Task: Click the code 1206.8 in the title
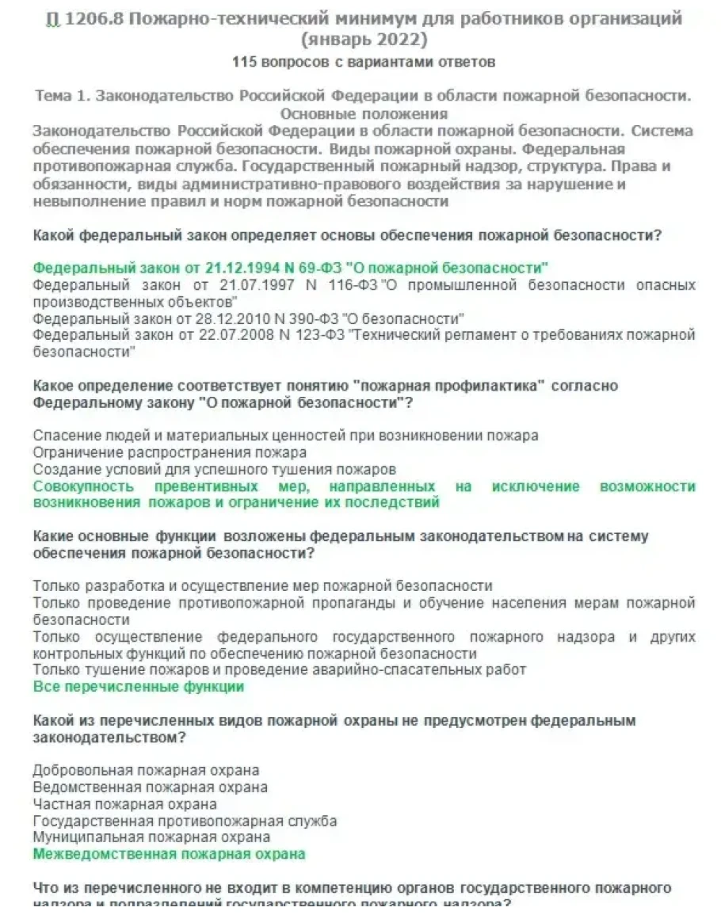[91, 18]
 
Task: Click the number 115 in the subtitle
[245, 62]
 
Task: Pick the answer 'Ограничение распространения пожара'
[170, 452]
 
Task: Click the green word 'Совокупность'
[83, 486]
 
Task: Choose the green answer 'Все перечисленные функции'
[139, 687]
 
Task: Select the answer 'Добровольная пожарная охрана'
[146, 770]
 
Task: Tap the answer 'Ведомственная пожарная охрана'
[150, 787]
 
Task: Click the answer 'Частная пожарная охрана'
[124, 804]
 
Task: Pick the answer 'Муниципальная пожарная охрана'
[151, 837]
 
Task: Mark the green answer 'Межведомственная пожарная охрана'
[169, 854]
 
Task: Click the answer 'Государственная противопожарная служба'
[185, 821]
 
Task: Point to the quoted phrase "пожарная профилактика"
[450, 386]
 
